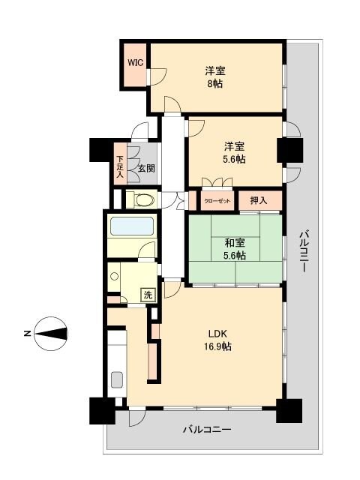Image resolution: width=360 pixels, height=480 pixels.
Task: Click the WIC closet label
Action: (x=135, y=63)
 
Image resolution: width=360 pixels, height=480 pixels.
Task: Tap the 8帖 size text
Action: (x=215, y=84)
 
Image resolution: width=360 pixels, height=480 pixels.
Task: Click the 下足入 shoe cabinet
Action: (x=120, y=165)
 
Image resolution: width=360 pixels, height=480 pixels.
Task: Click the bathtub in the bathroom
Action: (x=131, y=226)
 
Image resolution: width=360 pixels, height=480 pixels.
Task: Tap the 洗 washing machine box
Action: (x=148, y=295)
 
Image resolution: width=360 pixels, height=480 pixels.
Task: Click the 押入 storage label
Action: (x=258, y=200)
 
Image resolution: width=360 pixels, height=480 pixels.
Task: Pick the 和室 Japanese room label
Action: (x=235, y=242)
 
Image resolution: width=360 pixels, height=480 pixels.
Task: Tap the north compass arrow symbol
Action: (x=52, y=333)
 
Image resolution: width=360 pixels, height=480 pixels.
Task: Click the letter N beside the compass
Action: (x=26, y=333)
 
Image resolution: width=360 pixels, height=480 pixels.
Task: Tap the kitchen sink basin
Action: (x=117, y=379)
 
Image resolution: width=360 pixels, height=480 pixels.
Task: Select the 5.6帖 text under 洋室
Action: (x=234, y=159)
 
